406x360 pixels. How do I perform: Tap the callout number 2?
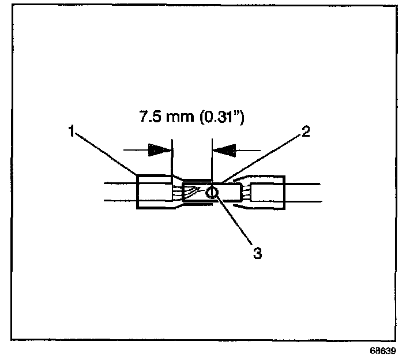306,132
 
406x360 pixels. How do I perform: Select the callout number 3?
257,252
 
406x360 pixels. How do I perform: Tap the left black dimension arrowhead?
160,150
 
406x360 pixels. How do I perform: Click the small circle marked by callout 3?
212,192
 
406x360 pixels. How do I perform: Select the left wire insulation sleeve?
153,192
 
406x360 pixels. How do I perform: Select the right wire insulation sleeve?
268,192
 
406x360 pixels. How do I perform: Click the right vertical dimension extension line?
212,159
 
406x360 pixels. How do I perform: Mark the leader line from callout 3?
234,219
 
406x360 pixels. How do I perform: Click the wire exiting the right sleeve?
303,192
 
